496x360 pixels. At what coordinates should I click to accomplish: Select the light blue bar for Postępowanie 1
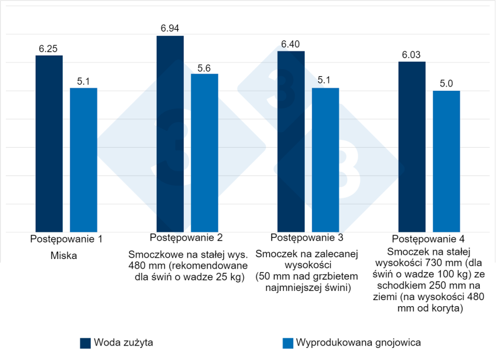[x=83, y=160]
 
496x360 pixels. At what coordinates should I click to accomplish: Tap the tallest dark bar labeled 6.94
[x=170, y=134]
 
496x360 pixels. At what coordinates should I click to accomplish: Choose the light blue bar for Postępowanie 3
[x=325, y=160]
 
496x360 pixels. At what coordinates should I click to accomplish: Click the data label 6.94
[x=170, y=29]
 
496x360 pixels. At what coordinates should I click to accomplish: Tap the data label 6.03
[x=412, y=55]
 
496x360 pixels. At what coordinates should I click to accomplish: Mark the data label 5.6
[x=204, y=68]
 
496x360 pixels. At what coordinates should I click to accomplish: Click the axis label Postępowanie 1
[x=66, y=239]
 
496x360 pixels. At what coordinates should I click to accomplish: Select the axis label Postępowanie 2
[x=186, y=237]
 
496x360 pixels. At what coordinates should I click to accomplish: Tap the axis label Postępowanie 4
[x=428, y=238]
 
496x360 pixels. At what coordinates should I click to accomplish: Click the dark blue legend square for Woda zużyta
[x=85, y=343]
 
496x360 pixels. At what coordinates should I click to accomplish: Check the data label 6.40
[x=291, y=44]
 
